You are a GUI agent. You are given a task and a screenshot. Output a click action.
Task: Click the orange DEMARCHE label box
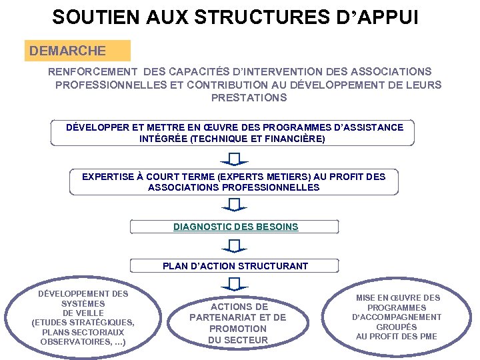pyautogui.click(x=77, y=51)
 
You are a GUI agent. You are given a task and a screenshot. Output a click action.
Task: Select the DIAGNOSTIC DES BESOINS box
pyautogui.click(x=235, y=227)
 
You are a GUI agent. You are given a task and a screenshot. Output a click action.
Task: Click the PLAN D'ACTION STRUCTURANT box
pyautogui.click(x=235, y=266)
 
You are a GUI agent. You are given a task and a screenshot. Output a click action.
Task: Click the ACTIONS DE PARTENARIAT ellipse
pyautogui.click(x=237, y=323)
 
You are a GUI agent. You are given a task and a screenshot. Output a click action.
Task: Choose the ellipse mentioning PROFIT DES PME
pyautogui.click(x=397, y=317)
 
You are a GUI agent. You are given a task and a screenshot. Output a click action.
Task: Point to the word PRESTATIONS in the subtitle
pyautogui.click(x=249, y=98)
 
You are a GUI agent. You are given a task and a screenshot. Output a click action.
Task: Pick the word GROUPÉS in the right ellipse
pyautogui.click(x=397, y=327)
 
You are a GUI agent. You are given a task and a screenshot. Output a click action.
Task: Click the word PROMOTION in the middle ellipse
pyautogui.click(x=237, y=329)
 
